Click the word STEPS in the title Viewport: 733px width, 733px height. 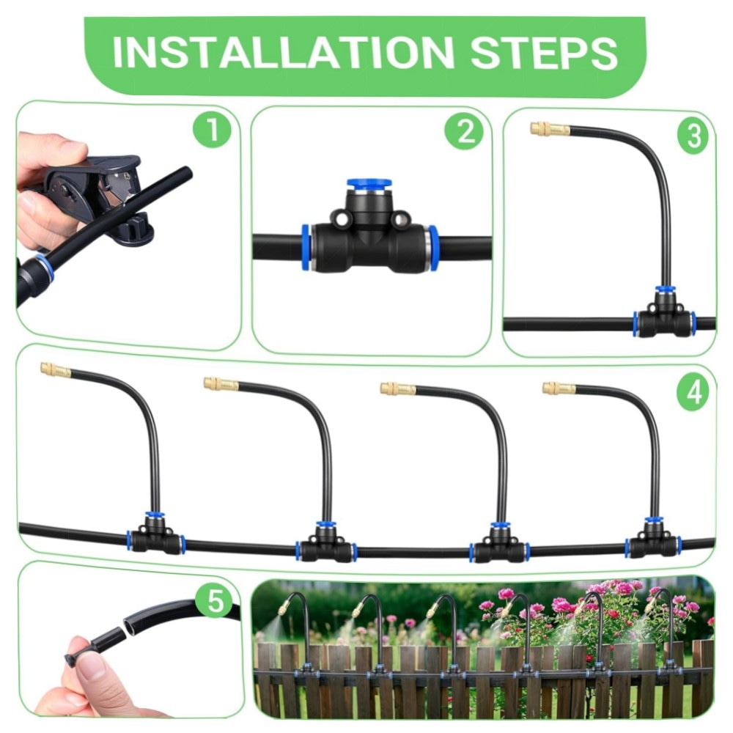tap(543, 52)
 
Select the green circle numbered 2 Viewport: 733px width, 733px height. tap(464, 132)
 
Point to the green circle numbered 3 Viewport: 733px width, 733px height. tap(693, 136)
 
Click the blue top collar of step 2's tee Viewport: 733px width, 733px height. tap(369, 184)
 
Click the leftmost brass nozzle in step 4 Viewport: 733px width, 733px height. tap(55, 370)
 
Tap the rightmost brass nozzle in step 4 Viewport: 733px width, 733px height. tap(559, 388)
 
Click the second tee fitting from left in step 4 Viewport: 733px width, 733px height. tap(325, 547)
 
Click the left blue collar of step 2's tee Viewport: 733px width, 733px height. tap(305, 247)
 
